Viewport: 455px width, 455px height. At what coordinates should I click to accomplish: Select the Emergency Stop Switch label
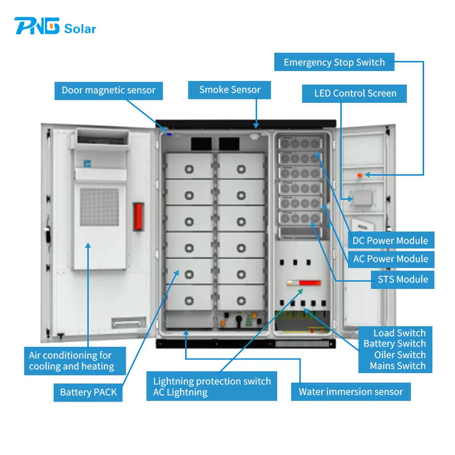(334, 62)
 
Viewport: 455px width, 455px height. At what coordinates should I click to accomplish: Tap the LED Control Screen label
(355, 93)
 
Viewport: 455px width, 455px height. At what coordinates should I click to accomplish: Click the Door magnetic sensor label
(109, 90)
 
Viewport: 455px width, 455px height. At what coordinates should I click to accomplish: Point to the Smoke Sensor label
(229, 90)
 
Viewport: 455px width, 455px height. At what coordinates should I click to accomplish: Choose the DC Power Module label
(390, 240)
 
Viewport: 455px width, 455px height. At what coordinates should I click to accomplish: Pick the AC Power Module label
(390, 259)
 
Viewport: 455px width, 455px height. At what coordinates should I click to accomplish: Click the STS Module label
(402, 279)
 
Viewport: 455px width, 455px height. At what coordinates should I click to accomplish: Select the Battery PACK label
(88, 392)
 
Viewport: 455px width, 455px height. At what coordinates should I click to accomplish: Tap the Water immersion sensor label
(350, 392)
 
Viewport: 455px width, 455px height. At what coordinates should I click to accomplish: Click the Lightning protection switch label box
(211, 387)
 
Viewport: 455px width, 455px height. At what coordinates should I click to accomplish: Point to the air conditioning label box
(75, 361)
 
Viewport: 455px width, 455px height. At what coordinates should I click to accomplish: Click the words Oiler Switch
(400, 355)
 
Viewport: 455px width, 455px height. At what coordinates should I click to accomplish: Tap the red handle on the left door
(138, 216)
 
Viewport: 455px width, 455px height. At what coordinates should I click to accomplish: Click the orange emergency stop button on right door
(359, 175)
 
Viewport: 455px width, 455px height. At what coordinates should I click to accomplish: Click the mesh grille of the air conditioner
(99, 207)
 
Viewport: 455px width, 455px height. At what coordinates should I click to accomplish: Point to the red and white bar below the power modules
(304, 283)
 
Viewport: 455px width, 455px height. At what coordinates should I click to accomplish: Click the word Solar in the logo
(80, 28)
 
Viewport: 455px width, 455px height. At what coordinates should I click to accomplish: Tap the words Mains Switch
(398, 365)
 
